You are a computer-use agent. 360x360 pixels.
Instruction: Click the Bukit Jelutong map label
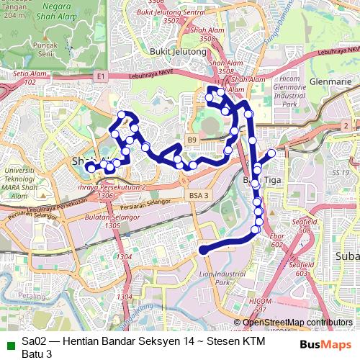click(178, 52)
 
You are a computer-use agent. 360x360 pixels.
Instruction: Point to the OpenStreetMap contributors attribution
click(297, 323)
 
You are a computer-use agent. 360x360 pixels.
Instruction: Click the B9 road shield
click(192, 139)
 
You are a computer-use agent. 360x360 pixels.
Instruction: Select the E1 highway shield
click(99, 75)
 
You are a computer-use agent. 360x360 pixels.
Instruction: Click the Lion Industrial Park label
click(220, 278)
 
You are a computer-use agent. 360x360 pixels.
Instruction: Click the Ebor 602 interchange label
click(277, 240)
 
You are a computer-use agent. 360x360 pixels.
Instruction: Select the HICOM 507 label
click(257, 304)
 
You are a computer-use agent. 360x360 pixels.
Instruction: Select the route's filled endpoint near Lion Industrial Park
click(204, 251)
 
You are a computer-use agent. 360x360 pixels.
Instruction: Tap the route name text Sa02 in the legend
click(30, 341)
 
